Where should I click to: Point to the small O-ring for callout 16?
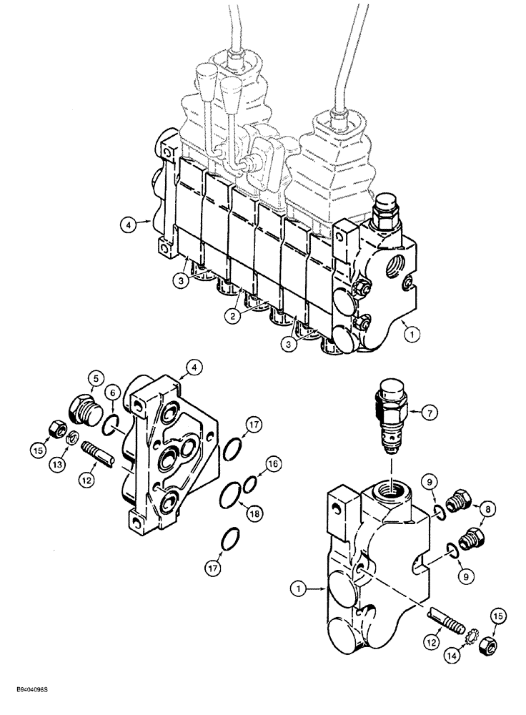249,486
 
